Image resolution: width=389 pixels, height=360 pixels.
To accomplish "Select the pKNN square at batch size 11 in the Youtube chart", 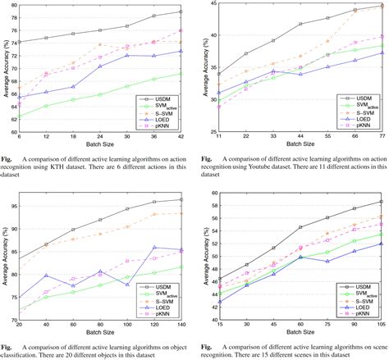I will click(219, 107).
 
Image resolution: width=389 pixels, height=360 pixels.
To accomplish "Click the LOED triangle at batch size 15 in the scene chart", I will click(219, 302).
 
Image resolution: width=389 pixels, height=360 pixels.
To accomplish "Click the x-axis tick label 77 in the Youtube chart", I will click(381, 136).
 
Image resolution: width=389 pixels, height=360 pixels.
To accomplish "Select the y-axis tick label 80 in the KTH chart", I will click(11, 5).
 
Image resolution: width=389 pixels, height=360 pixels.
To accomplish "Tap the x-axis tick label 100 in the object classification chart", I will click(128, 326).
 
